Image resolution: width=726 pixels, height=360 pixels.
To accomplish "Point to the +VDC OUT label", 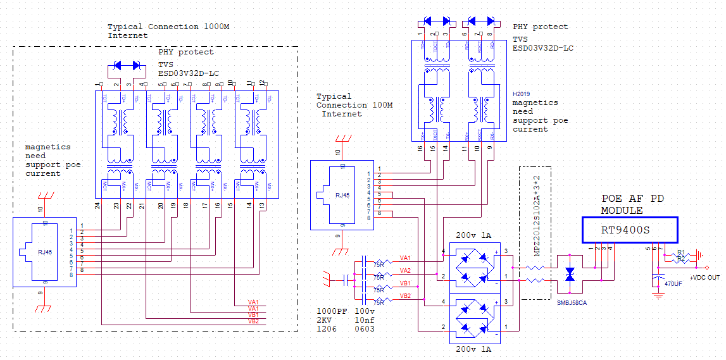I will [704, 278].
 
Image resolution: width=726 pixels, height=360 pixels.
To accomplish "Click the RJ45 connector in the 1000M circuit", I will [44, 252].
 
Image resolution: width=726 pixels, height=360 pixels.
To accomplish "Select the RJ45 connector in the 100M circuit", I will [341, 195].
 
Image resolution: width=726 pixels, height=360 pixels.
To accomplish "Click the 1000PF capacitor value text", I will [332, 311].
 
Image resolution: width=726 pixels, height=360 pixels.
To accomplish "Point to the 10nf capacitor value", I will [365, 320].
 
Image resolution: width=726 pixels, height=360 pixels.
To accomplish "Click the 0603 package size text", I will [365, 329].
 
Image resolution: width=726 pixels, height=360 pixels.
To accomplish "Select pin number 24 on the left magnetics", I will [98, 206].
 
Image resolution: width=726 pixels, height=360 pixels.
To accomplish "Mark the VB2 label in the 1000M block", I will [253, 321].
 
